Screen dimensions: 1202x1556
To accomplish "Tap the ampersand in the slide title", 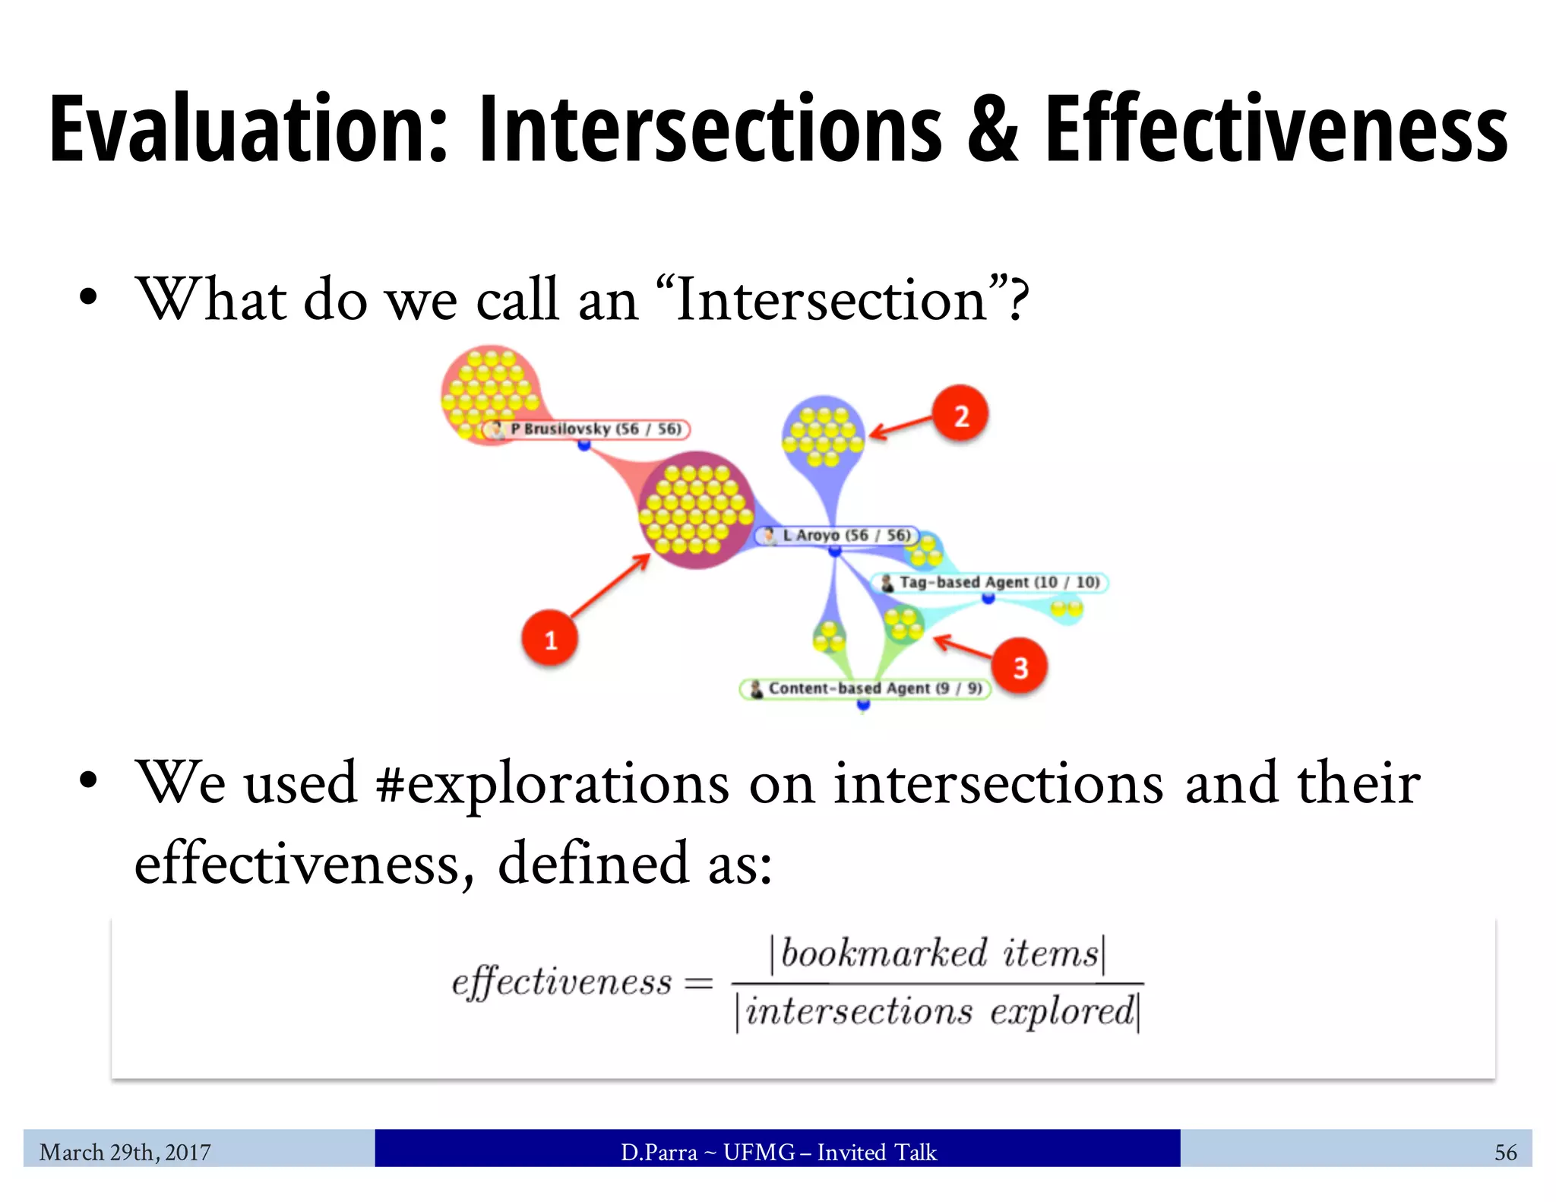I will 992,129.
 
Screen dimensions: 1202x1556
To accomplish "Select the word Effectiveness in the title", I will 1276,129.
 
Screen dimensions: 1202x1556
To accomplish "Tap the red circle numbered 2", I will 960,414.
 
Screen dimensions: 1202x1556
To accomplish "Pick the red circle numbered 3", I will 1020,666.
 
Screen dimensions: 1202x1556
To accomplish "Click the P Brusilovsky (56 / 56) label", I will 586,429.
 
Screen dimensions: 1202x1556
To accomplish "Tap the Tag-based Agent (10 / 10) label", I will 990,583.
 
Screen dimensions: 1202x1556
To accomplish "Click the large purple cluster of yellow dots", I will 695,509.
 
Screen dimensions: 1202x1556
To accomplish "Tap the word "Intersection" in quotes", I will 831,300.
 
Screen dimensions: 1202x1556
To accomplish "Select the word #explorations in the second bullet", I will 552,783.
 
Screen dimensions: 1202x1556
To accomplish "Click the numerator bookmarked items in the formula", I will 939,954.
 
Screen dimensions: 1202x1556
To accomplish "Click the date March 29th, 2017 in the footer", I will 125,1152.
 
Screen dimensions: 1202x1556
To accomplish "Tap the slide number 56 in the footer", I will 1504,1152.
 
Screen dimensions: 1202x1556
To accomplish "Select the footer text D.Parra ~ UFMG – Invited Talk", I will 778,1152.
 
